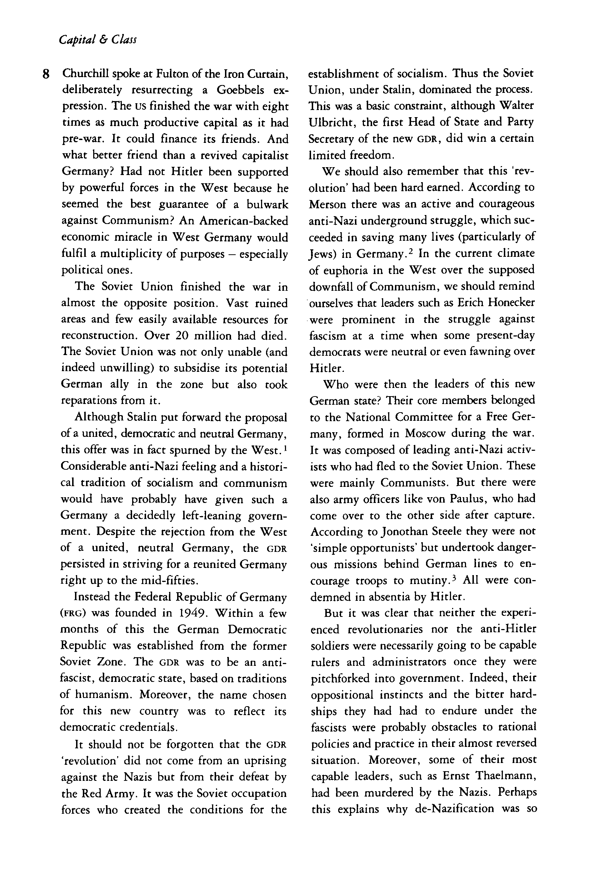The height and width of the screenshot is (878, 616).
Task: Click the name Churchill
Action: pyautogui.click(x=81, y=73)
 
